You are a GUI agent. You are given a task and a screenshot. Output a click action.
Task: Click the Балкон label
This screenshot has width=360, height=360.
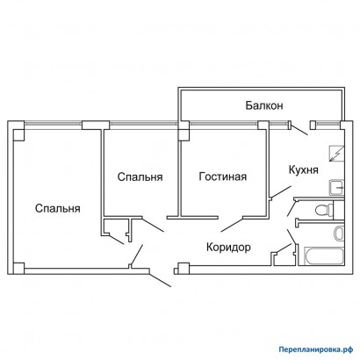click(x=264, y=105)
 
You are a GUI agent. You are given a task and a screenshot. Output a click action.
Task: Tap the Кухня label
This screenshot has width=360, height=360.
click(x=304, y=169)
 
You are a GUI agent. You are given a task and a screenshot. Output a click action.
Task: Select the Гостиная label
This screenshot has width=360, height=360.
click(x=223, y=176)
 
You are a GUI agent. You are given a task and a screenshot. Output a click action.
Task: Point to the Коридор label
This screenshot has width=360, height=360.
click(x=228, y=248)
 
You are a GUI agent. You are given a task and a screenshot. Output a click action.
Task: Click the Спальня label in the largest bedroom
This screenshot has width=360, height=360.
click(x=58, y=208)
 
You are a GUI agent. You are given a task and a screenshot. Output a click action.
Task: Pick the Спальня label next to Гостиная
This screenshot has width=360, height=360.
click(x=140, y=176)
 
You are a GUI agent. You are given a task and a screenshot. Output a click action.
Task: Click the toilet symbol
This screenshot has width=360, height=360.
click(x=324, y=209)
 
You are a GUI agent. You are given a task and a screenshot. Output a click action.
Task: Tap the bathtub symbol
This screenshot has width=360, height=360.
click(x=324, y=256)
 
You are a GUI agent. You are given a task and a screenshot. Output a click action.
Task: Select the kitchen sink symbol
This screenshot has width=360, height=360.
click(x=336, y=187)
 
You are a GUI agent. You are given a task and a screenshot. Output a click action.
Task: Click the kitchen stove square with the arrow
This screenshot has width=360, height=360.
click(x=337, y=154)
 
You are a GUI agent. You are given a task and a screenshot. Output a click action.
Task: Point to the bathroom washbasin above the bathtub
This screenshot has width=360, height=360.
click(x=339, y=233)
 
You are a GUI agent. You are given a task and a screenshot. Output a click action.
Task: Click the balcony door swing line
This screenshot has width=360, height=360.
click(x=299, y=130)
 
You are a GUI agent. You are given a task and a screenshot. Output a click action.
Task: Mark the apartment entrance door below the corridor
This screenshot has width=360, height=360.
click(x=160, y=280)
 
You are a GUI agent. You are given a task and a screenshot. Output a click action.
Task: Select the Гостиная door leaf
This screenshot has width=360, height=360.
click(x=232, y=224)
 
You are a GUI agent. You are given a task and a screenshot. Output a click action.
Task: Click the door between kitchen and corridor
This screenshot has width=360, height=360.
click(x=281, y=192)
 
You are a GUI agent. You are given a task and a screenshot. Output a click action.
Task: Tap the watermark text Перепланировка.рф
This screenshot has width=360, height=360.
click(x=316, y=349)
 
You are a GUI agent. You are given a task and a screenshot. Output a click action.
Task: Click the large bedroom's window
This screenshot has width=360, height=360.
click(x=53, y=124)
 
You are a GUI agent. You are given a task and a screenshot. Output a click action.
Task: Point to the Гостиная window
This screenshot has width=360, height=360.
click(x=224, y=124)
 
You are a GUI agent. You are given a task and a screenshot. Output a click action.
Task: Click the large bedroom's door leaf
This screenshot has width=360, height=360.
click(x=137, y=255)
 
